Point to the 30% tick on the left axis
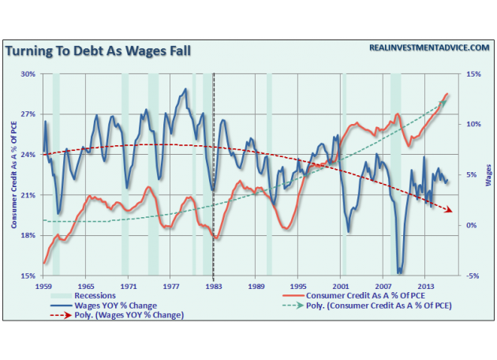[28, 74]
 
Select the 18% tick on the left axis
[28, 235]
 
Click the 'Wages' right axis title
[489, 174]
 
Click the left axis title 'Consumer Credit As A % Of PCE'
[13, 174]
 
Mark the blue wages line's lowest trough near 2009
[401, 272]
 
